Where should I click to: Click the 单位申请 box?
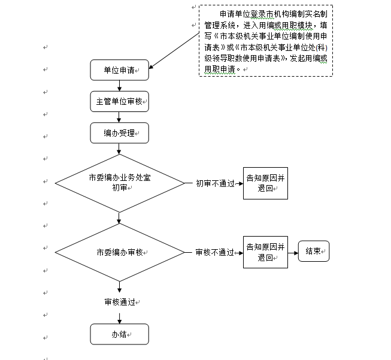tap(119, 70)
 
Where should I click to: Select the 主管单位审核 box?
tap(119, 101)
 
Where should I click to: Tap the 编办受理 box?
tap(119, 133)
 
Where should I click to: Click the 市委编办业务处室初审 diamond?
tap(120, 183)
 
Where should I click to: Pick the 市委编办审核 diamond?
tap(120, 252)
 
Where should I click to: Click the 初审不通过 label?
tap(215, 184)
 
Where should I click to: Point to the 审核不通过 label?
tap(215, 252)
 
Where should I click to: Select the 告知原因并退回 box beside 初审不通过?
tap(266, 183)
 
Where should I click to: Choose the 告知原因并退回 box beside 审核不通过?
tap(266, 252)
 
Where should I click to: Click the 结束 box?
tap(314, 251)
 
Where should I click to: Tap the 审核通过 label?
tap(120, 302)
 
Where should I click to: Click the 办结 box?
tap(119, 334)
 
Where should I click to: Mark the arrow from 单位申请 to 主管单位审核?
tap(119, 86)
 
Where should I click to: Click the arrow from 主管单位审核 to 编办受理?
tap(119, 117)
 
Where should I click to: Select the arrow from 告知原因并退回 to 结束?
tap(293, 253)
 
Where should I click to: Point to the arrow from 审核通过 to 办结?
tap(119, 318)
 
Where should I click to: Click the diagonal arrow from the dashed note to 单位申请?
tap(174, 51)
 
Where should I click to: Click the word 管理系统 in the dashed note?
tap(220, 25)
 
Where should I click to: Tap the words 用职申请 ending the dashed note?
tap(220, 69)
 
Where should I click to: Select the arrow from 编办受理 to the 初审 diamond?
tap(119, 149)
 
